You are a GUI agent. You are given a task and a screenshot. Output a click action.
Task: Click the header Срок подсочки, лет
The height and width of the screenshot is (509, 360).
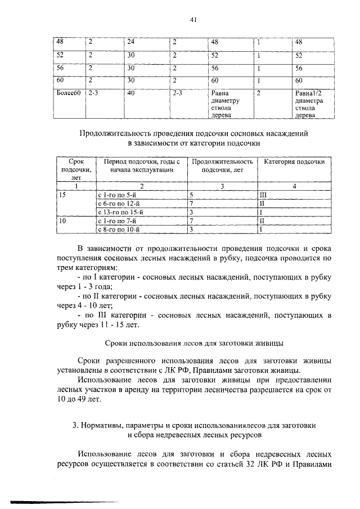(75, 169)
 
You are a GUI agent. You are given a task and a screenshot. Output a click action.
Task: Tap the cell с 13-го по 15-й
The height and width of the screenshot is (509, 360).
(121, 211)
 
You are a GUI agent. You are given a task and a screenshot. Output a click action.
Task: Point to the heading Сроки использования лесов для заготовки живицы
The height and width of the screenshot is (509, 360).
(195, 342)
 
